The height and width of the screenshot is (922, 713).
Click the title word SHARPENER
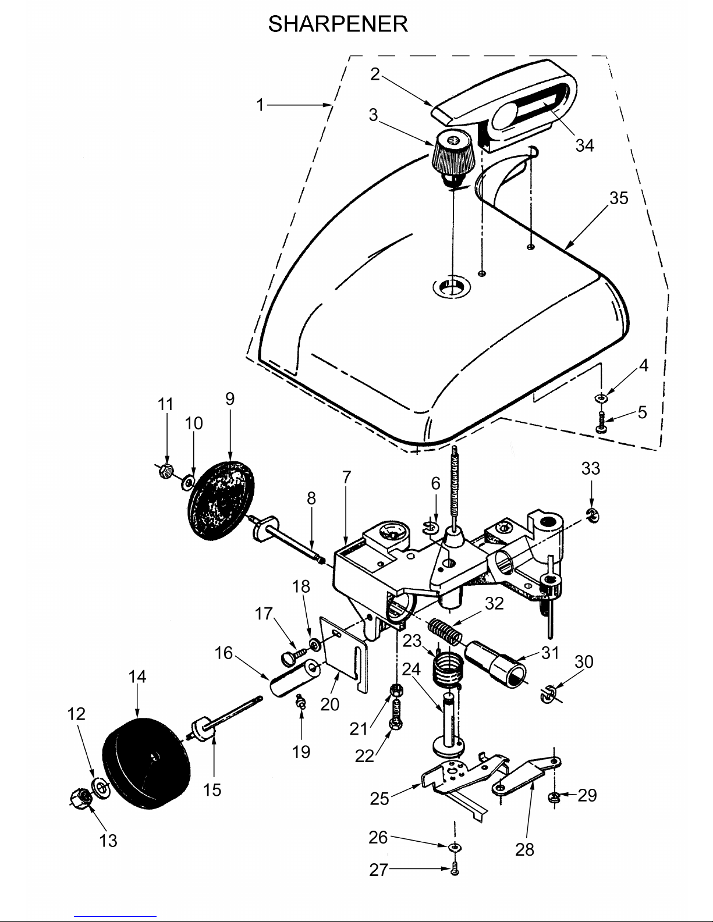338,24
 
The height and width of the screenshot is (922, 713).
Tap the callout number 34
584,145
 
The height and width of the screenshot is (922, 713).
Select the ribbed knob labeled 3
452,158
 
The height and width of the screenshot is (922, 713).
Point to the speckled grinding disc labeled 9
221,501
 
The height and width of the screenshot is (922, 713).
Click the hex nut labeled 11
165,471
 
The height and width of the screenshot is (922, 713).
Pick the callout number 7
347,477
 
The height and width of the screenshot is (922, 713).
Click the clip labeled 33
593,515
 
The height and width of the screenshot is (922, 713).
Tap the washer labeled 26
455,847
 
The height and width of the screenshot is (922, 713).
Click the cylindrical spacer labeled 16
294,677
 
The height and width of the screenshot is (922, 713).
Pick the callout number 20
330,704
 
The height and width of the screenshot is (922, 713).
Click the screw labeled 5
602,422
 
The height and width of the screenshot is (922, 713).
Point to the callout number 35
619,198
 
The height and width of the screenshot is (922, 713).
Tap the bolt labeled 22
395,714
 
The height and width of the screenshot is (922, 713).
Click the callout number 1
260,105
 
